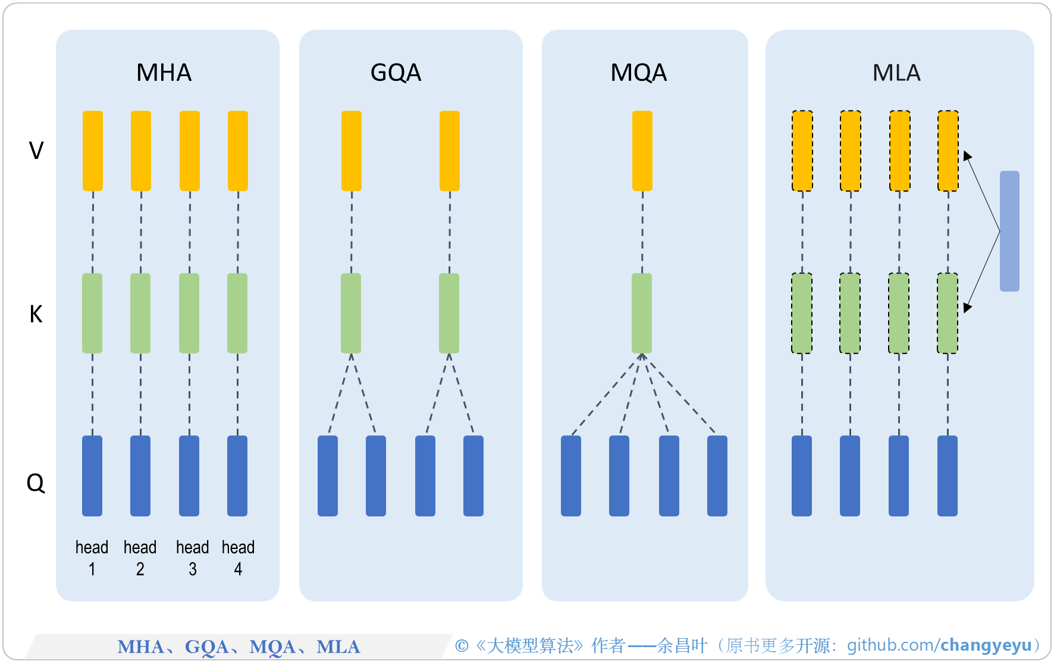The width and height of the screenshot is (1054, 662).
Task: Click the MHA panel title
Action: [x=164, y=73]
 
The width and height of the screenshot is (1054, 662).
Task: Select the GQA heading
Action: [x=396, y=73]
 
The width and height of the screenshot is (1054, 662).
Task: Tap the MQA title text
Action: [x=638, y=73]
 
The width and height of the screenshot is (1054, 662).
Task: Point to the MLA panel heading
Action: [x=896, y=73]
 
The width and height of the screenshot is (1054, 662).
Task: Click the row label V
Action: [x=36, y=150]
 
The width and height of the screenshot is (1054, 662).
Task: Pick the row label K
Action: [x=36, y=313]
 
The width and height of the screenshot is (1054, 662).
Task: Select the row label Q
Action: [x=36, y=482]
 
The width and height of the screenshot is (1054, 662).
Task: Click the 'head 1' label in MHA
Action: [x=92, y=557]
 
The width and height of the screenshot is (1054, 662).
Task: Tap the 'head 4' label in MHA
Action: [x=238, y=557]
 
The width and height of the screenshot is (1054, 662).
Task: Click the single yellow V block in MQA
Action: [x=642, y=150]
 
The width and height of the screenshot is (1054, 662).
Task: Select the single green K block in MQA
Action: [x=641, y=313]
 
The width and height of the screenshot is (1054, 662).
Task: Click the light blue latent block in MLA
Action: [x=1009, y=231]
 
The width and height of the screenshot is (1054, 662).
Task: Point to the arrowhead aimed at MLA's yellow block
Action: [x=967, y=156]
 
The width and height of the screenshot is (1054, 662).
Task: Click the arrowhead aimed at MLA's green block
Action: [x=967, y=307]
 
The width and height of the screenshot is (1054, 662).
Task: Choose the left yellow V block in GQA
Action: [x=351, y=150]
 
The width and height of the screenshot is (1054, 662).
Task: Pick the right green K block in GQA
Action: [x=448, y=313]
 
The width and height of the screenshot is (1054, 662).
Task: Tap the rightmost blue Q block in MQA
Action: [x=717, y=475]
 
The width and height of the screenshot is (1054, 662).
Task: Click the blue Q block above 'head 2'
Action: [x=140, y=475]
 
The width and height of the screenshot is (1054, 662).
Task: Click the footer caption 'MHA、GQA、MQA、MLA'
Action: [x=239, y=647]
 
